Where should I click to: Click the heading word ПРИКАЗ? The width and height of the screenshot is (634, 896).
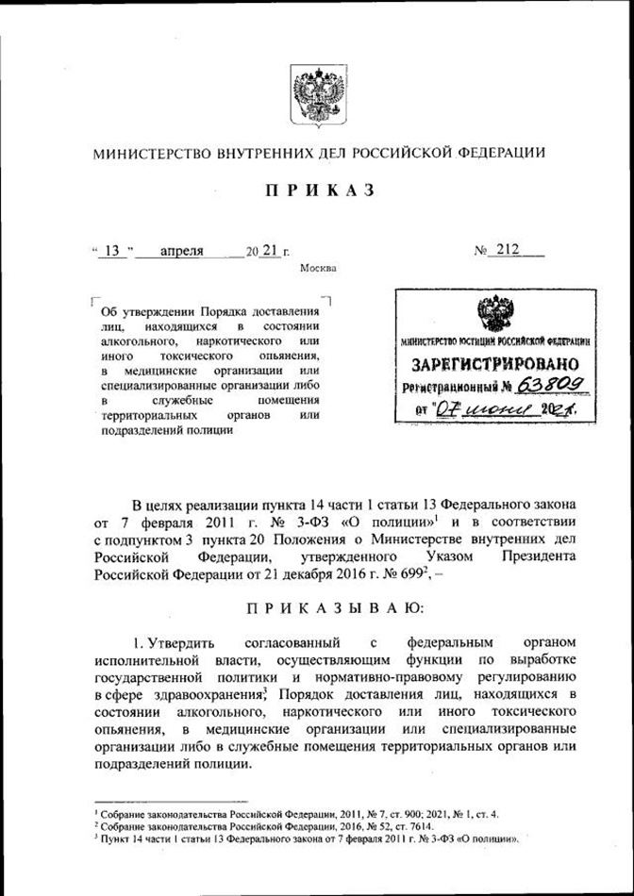coord(318,191)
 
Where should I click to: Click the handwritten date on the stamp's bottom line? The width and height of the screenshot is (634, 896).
coord(505,410)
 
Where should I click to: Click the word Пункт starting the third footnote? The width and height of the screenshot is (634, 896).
coord(114,837)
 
